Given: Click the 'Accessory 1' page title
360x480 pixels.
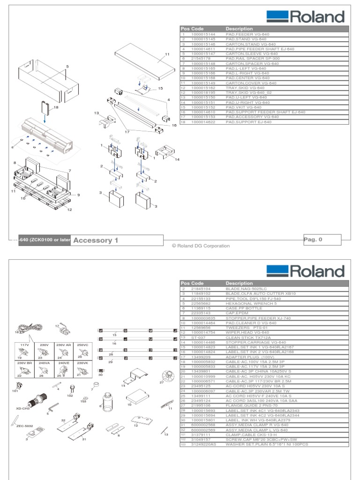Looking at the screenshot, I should click(96, 240).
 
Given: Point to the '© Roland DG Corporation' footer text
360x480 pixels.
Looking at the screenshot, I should click(201, 246).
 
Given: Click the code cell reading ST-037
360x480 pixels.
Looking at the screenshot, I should click(196, 337).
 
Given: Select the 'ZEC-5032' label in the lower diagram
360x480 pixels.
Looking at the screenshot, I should click(25, 426).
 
